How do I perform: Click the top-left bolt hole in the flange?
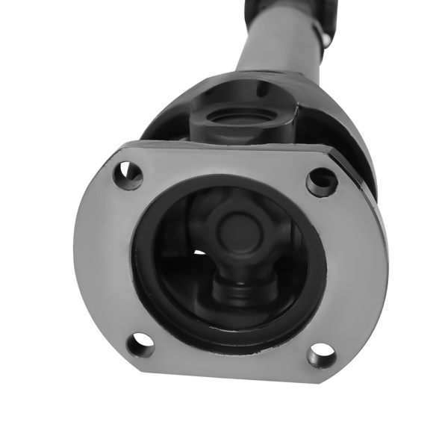tap(128, 175)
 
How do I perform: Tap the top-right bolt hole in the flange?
tap(322, 180)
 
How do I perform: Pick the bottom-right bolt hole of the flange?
tap(321, 355)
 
